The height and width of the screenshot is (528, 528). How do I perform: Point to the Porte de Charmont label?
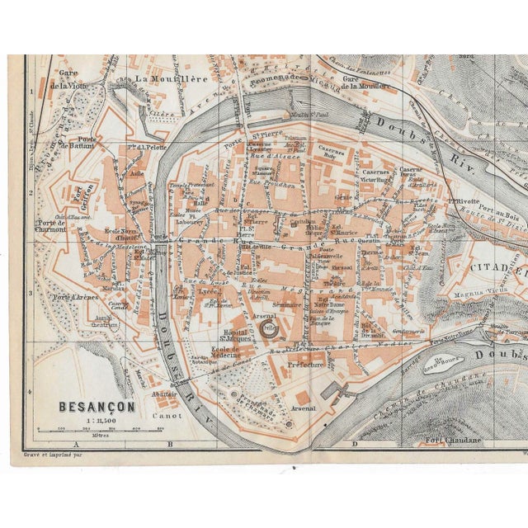pos(51,227)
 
